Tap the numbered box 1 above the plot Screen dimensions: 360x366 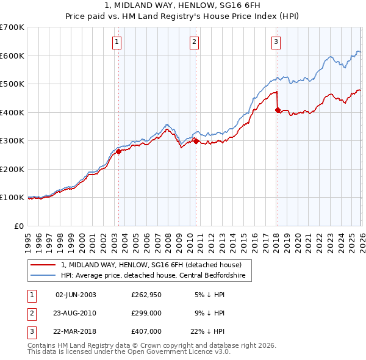click(117, 42)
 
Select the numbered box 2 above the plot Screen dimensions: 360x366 click(194, 42)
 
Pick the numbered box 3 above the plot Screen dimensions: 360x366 click(276, 42)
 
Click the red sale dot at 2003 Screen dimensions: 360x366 click(118, 152)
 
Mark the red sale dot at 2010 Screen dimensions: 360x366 click(196, 141)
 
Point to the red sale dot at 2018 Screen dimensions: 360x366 click(278, 110)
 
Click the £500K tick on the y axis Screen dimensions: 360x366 click(12, 84)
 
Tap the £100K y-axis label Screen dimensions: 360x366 click(12, 198)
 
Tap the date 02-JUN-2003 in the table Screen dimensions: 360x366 click(76, 295)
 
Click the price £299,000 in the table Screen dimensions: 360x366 click(146, 313)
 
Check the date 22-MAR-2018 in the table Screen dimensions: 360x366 click(76, 331)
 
